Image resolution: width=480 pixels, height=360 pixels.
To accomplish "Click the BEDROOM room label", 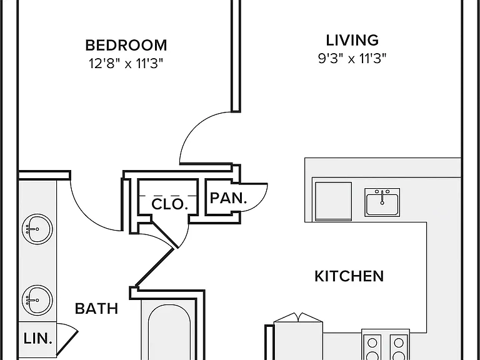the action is coord(126,45).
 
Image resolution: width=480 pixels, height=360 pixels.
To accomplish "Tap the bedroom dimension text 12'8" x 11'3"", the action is coord(126,63).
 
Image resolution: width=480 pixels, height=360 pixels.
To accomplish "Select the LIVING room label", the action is coord(352,40).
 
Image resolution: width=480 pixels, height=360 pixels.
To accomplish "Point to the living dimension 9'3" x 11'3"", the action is coord(352,58).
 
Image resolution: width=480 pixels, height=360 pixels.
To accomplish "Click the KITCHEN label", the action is coord(349,276).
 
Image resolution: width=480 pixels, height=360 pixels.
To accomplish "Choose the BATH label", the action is coord(96,309).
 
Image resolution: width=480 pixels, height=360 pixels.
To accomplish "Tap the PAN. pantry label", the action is coord(228,198).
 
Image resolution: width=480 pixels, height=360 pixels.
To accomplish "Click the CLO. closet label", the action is coord(169,204).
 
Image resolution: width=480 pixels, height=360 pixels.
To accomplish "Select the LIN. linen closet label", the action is coord(37,339).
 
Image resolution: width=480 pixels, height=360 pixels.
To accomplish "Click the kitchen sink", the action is coord(382,202).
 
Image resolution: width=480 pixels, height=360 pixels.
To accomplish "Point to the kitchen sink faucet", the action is coord(382,197).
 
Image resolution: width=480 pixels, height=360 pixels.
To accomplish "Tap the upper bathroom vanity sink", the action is coord(37,229).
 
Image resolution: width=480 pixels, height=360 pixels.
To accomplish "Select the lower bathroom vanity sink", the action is coord(37,300).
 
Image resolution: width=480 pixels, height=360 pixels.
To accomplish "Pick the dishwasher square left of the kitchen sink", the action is coord(333,201).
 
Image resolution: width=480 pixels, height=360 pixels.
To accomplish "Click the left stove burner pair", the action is coord(372,347).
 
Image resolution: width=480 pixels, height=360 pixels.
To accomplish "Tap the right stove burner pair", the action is coord(399,347).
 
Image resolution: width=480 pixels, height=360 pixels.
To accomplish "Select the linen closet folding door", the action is coord(67,339).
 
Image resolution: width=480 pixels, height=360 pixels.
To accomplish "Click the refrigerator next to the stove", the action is coord(298,337).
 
